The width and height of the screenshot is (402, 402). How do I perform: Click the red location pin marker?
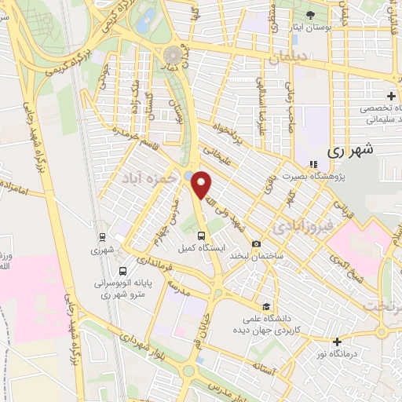coord(203,185)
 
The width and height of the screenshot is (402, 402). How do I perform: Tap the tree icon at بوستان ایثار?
coord(310,16)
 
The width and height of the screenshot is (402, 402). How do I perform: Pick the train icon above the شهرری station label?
coord(101,236)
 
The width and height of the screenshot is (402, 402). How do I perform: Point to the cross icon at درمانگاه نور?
coord(337,342)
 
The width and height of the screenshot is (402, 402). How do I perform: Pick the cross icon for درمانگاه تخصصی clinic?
coord(391,96)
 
